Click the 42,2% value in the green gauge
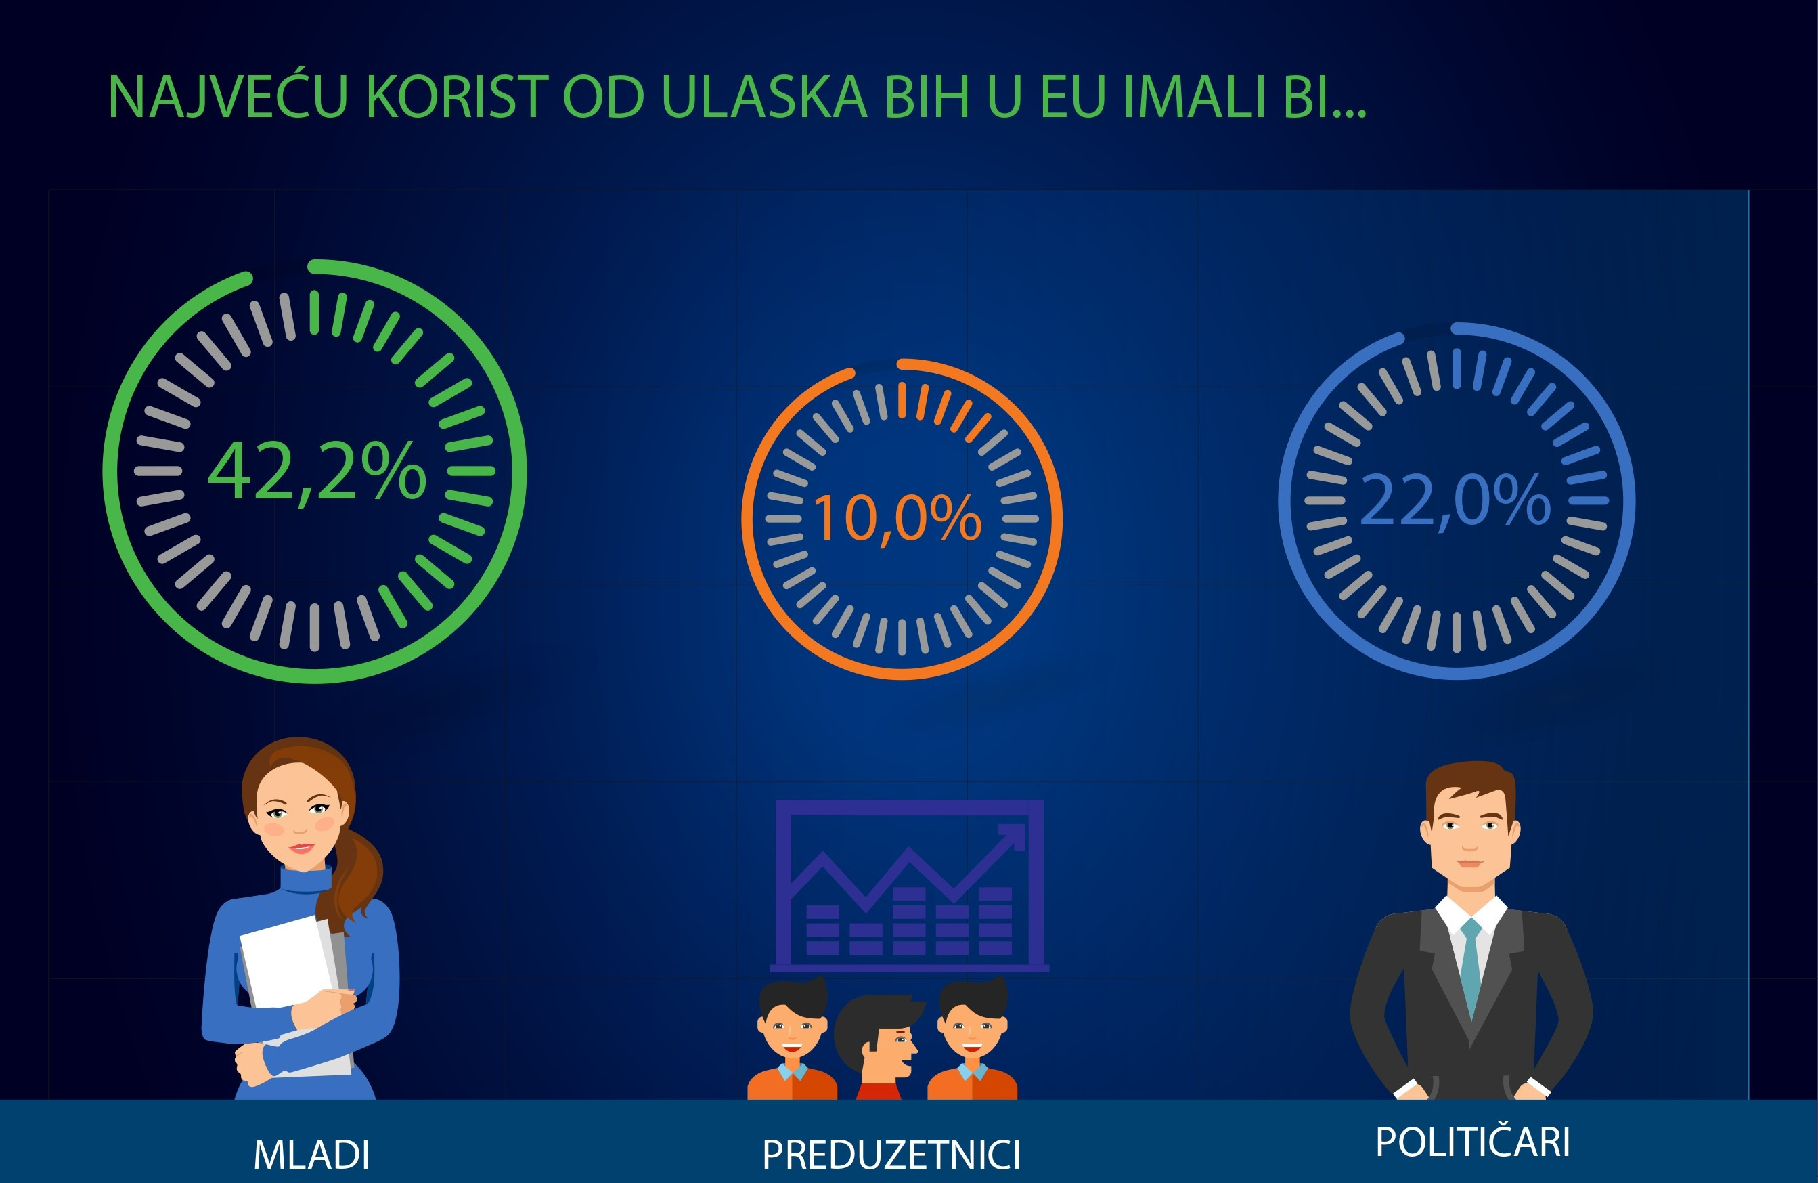[317, 471]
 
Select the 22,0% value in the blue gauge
[1455, 501]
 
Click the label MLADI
[311, 1155]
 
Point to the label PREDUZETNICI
[891, 1155]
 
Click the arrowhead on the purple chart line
[1013, 836]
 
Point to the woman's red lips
[301, 848]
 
